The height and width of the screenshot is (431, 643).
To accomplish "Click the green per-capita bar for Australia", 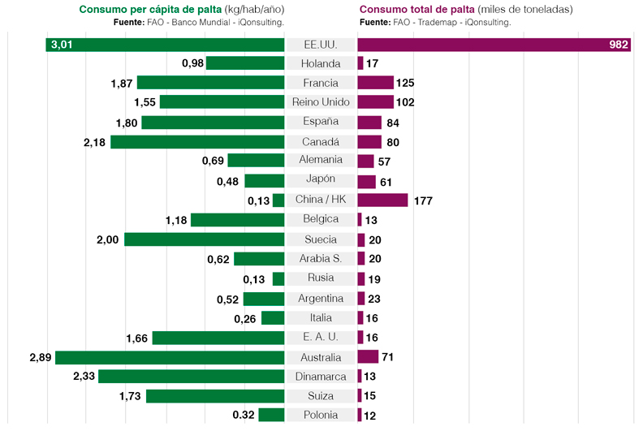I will (170, 357).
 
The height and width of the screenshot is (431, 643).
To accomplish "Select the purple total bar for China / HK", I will (382, 200).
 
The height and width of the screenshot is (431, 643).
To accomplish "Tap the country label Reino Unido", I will (321, 102).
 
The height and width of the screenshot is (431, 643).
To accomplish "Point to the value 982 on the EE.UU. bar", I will (619, 45).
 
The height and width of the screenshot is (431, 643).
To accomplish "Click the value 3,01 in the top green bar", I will (62, 45).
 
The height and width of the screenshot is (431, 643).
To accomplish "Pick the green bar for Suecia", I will (204, 239).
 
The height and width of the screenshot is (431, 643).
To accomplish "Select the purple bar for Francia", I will (375, 83).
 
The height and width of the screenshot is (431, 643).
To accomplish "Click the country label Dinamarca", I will (321, 377).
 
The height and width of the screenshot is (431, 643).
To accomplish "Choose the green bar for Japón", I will (265, 181).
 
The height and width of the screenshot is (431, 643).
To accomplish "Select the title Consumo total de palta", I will (417, 10).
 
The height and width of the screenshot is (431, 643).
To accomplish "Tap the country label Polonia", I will (321, 416).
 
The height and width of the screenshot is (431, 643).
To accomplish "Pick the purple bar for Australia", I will (368, 357).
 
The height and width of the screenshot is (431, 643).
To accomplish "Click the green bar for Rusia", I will (278, 279).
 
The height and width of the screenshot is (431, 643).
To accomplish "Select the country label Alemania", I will (321, 161).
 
